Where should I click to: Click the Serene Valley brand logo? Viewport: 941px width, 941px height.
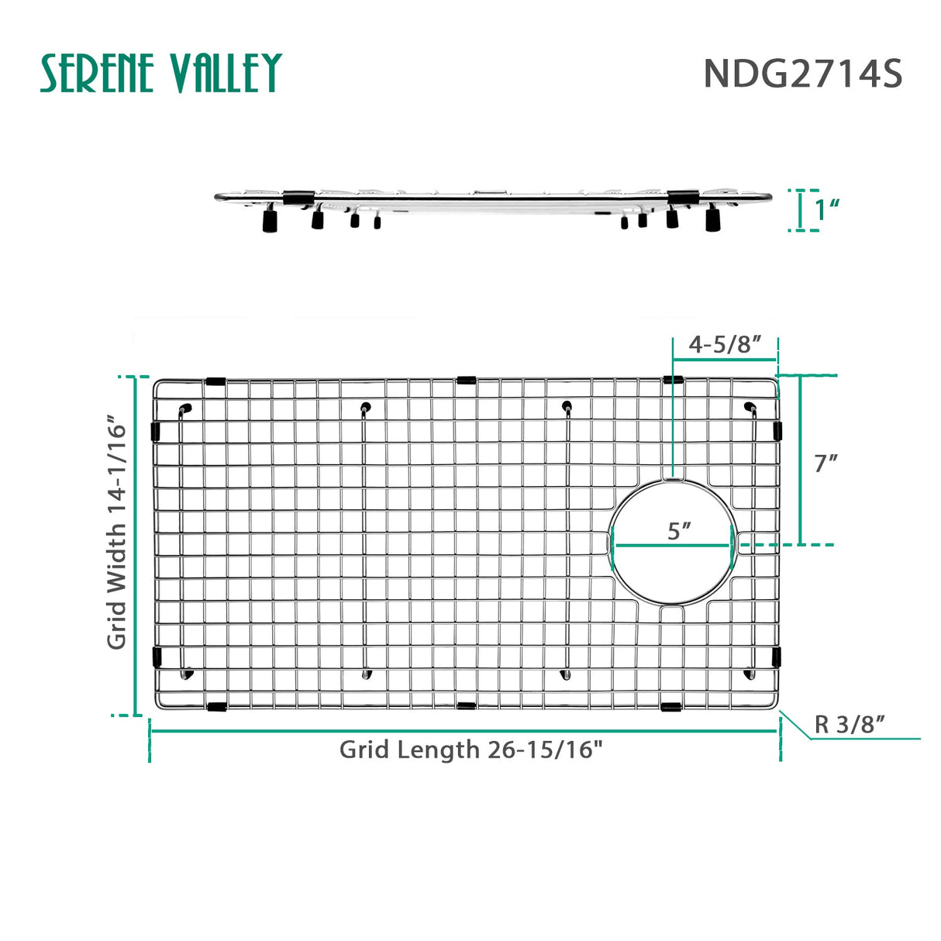point(160,74)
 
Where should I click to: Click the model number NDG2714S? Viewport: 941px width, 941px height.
point(802,74)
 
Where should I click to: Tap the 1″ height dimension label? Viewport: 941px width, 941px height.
point(827,209)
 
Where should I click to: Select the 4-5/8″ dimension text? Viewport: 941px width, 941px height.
point(725,344)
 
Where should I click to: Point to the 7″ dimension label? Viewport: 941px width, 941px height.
point(826,463)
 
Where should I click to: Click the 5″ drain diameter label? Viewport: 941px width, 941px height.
point(679,531)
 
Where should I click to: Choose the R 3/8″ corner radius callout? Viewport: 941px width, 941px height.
point(850,725)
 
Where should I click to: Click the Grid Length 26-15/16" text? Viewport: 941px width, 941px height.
point(470,750)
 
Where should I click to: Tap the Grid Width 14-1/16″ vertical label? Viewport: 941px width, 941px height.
point(117,533)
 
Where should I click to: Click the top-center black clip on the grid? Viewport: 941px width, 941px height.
point(467,380)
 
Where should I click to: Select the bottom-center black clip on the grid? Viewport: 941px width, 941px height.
point(467,706)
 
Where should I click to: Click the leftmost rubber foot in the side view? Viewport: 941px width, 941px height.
point(270,222)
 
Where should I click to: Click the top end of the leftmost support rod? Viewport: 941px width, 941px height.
point(184,408)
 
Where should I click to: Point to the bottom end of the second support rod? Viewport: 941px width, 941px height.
point(367,674)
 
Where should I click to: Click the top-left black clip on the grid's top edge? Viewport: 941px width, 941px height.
point(215,381)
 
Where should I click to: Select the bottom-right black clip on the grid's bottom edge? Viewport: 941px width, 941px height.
point(671,707)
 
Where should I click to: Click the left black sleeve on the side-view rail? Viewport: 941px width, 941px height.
point(298,198)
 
